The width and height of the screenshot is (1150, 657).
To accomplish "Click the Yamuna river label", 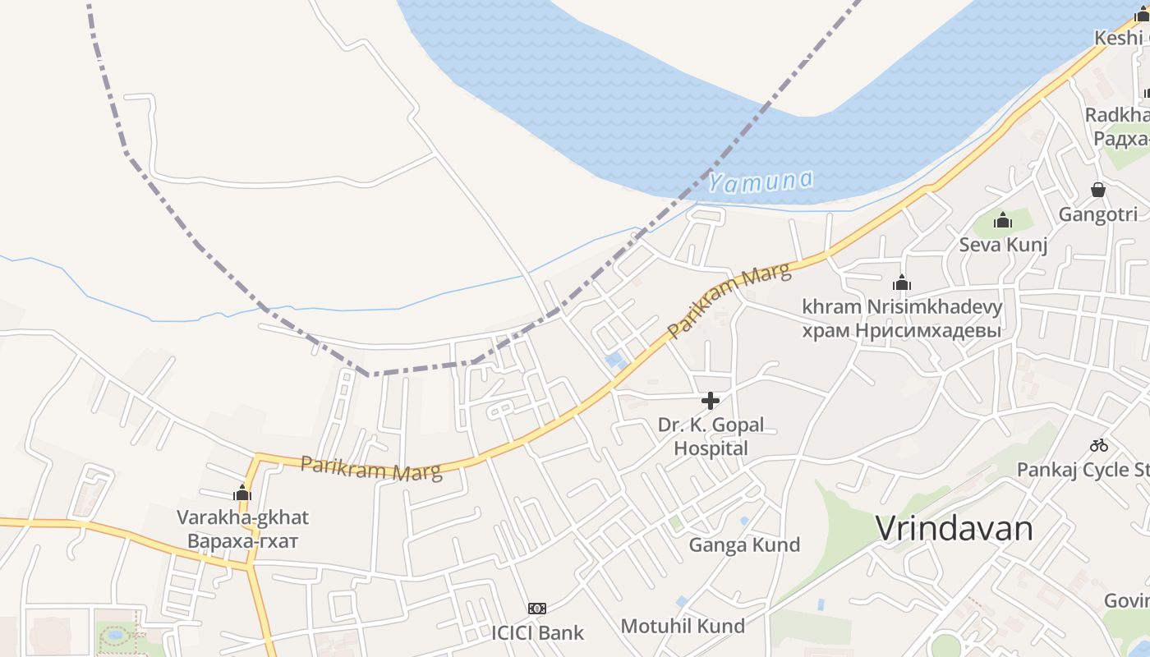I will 761,181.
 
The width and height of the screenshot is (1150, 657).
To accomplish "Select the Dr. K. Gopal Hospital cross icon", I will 711,401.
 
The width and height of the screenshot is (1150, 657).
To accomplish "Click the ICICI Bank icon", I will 537,609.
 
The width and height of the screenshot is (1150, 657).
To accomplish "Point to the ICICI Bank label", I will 537,632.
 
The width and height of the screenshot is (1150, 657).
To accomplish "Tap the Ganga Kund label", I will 744,544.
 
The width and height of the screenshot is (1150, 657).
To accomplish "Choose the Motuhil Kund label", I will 683,626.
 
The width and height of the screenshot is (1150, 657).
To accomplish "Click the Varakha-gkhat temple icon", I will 242,493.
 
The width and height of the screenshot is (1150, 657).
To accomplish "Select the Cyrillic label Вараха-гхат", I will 242,541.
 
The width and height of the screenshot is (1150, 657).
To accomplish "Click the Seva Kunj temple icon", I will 1002,220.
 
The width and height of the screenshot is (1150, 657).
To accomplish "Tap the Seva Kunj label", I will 1003,245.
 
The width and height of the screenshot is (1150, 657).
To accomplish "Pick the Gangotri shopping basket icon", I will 1098,190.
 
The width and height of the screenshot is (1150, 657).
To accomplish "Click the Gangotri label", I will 1098,214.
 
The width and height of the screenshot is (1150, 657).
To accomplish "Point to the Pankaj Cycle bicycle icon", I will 1099,445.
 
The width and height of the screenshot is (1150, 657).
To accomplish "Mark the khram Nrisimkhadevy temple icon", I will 902,283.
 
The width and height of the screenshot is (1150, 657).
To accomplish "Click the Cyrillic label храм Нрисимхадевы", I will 902,331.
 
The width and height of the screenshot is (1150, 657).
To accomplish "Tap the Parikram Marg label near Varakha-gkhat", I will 371,468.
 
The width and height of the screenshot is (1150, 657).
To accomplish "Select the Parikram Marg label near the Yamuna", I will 729,301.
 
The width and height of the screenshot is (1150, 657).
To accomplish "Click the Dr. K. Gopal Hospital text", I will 711,436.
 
